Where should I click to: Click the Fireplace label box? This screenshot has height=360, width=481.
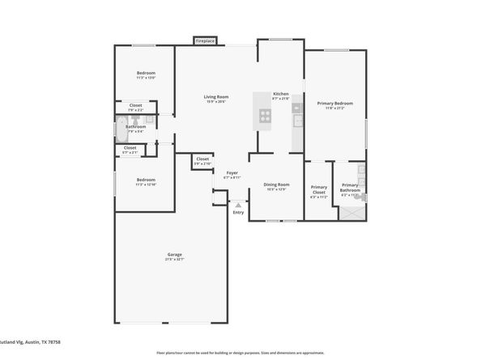point(205,40)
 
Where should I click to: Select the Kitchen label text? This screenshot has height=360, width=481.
point(280,94)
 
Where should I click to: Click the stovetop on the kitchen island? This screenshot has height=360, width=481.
point(264,115)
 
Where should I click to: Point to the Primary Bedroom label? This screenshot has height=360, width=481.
point(334,104)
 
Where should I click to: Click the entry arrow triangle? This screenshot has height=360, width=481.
point(237,205)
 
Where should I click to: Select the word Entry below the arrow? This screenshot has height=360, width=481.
point(237,214)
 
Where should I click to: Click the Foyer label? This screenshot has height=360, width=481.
point(232,173)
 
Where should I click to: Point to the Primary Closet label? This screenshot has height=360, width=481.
point(319,191)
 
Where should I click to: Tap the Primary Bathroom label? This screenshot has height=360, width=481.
point(350,188)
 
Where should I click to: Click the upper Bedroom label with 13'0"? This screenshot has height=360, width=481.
point(146,74)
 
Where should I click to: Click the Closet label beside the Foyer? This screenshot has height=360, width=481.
point(202,160)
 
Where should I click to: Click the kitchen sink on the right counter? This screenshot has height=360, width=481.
point(297,121)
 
